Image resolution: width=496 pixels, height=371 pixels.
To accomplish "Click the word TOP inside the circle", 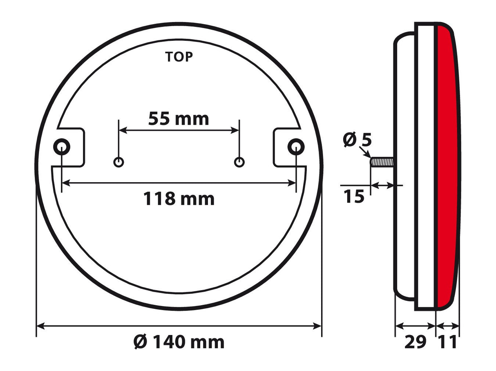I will [179, 57].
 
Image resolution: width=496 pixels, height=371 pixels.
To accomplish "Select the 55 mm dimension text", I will [179, 119].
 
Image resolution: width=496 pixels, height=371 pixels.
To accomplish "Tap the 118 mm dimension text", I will [179, 199].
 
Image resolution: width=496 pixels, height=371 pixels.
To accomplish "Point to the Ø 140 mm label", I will [179, 342].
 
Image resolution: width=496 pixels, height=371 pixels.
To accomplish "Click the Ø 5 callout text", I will [357, 140].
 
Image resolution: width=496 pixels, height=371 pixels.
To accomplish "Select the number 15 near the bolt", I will [354, 197].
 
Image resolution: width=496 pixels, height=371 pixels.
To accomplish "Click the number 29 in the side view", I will [416, 342].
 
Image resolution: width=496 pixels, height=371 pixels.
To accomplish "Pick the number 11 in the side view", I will [447, 342].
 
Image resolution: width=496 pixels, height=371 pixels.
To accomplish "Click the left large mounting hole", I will [62, 147].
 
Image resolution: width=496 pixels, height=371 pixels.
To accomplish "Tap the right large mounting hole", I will [296, 147].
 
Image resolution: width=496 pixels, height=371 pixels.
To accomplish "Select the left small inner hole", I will [118, 162].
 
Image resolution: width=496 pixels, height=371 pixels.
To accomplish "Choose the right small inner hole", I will [239, 162].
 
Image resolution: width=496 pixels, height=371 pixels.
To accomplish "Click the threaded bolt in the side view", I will [382, 162].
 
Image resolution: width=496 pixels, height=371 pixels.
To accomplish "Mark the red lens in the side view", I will [447, 163].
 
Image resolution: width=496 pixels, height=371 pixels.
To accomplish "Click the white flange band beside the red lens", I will [426, 163].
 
